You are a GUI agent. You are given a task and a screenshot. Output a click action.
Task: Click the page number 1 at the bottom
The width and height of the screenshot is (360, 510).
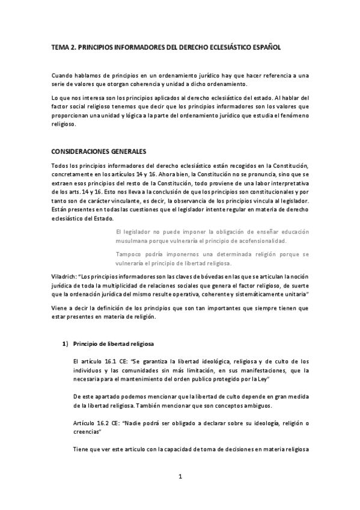pyautogui.click(x=180, y=477)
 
